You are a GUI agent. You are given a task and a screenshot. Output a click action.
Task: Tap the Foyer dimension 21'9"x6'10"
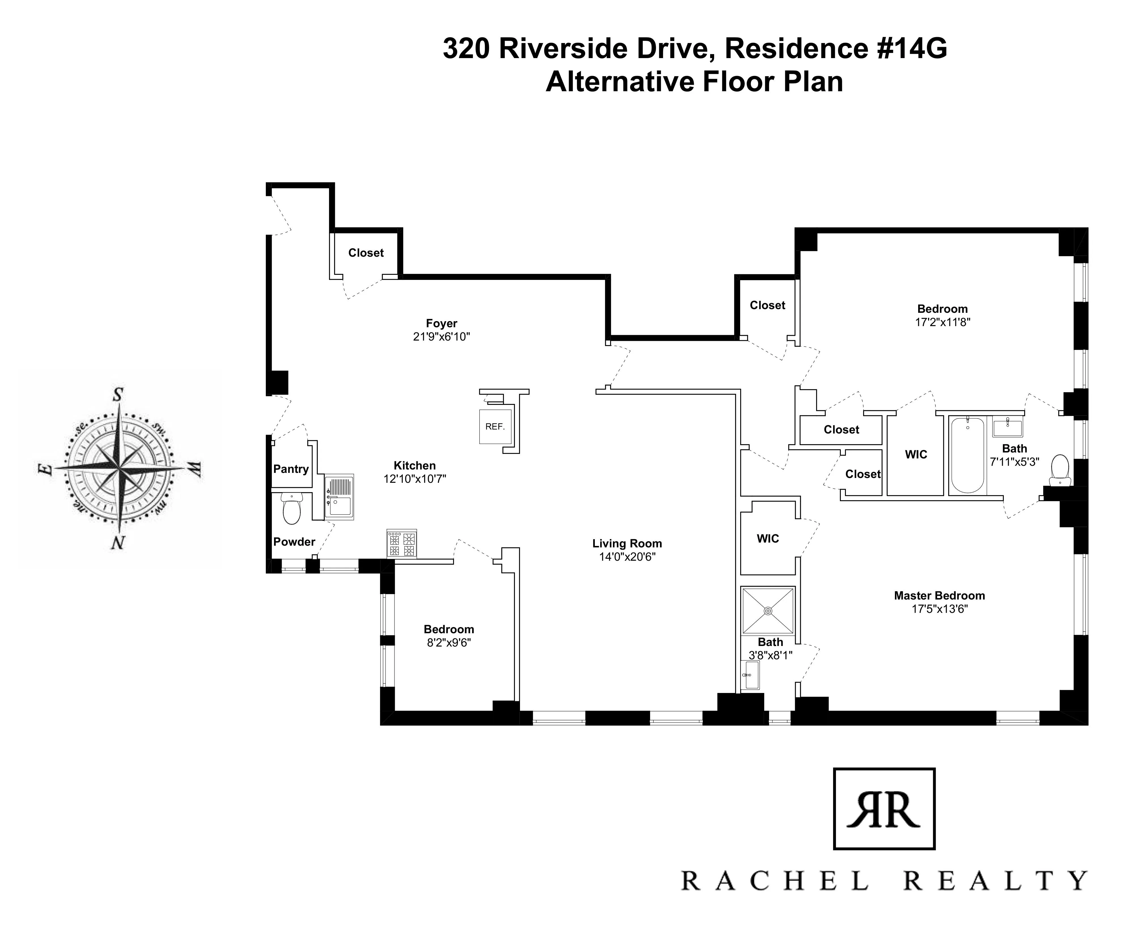[x=442, y=337]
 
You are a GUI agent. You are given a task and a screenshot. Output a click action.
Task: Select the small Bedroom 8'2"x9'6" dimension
[x=448, y=643]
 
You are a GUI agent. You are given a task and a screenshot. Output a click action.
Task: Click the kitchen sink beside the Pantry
[x=339, y=497]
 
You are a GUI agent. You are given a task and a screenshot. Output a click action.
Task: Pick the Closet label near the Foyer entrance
[x=366, y=253]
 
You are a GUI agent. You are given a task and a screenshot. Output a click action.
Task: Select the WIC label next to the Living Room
[x=767, y=538]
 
